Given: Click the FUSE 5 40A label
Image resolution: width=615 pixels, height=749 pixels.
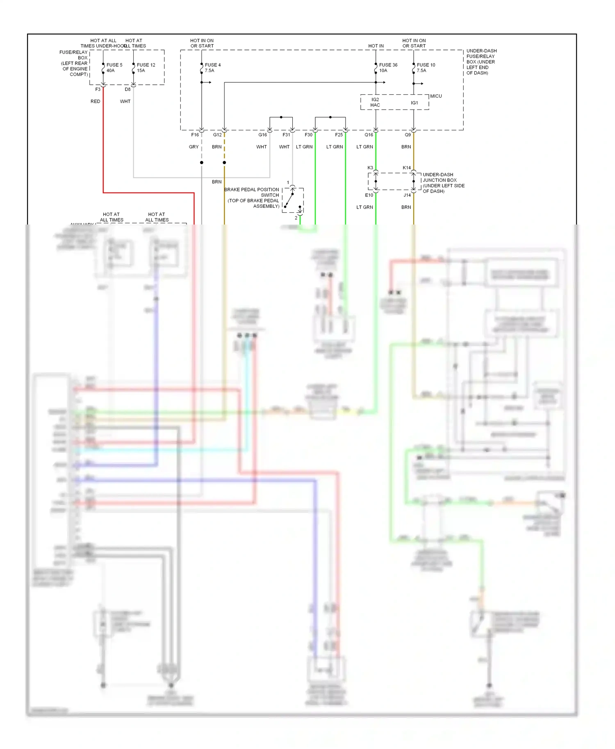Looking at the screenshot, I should point(114,68).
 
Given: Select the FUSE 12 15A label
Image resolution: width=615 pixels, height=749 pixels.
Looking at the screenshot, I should point(146,68).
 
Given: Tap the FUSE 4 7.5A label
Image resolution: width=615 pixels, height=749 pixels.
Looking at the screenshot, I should point(212,68).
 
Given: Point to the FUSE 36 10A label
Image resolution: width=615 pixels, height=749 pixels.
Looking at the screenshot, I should point(388,68).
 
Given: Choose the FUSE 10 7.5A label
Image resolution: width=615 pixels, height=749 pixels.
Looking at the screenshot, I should point(426,68).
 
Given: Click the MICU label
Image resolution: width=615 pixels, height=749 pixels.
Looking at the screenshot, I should point(436,96).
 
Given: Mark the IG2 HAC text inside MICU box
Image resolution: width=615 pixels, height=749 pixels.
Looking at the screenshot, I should point(375,102).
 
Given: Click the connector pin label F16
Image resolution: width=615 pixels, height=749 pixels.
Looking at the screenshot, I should point(195,135).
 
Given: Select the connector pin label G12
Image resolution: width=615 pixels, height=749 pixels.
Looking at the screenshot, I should point(217,135).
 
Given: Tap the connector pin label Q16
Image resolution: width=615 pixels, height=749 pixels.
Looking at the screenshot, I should point(369,135).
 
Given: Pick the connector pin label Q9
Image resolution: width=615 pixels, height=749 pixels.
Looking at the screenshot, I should point(408,135).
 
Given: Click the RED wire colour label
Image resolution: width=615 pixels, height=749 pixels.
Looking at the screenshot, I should point(95,101).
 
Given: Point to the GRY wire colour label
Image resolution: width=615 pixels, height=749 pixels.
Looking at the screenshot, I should point(194,147).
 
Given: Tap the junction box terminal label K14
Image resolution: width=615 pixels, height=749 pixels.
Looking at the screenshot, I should point(406,168).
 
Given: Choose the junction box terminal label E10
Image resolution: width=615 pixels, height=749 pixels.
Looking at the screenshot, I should point(369,195).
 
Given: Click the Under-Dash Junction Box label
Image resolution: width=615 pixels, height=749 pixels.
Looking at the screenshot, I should point(443,183).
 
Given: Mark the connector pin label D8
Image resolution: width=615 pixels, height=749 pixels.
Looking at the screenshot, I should point(128,89).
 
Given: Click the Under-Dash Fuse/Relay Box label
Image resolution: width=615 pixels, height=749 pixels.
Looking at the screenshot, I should point(481,62).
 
